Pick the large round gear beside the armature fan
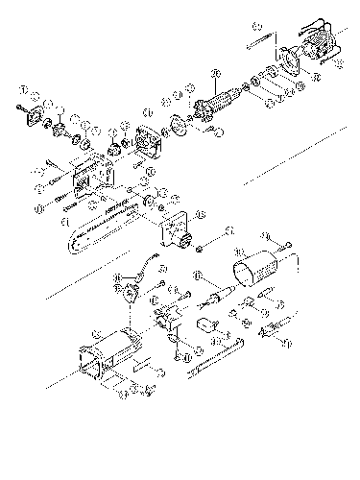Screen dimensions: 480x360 [180, 128]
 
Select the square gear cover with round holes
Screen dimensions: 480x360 [147, 143]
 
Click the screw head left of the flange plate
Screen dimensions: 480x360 [20, 107]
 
